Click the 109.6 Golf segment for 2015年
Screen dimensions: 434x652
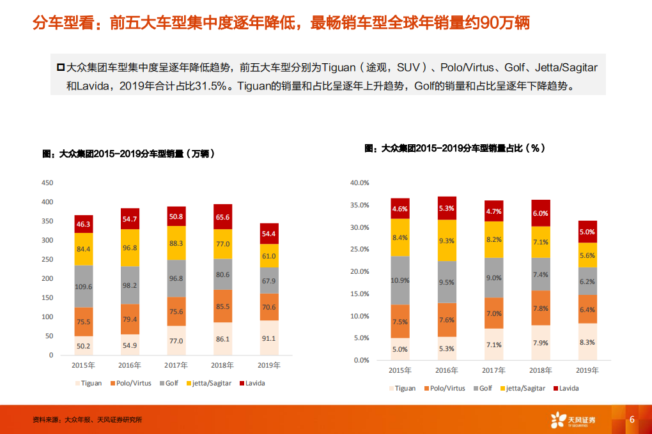click(83, 287)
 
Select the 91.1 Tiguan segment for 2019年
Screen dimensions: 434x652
click(268, 338)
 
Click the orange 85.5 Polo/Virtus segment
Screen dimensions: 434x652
click(222, 306)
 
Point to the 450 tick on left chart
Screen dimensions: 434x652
click(47, 183)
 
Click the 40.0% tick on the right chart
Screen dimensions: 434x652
click(361, 183)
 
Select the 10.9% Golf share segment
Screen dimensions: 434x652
click(400, 281)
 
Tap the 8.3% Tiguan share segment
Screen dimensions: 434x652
click(587, 342)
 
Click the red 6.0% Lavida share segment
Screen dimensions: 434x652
click(541, 213)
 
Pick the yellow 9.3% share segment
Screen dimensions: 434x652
click(447, 241)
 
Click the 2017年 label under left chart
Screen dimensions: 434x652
click(176, 366)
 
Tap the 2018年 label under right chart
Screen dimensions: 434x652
click(541, 371)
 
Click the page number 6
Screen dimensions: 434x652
click(632, 419)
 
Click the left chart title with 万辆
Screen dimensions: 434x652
click(128, 154)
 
